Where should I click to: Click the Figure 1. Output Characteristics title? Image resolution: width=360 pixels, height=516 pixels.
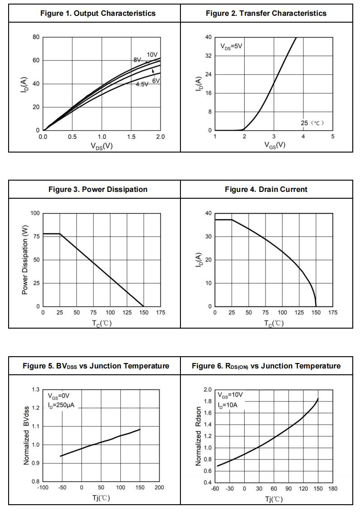click(x=98, y=13)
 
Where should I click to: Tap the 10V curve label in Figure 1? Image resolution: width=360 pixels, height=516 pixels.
click(x=152, y=55)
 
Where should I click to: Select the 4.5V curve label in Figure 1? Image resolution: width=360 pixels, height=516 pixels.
click(x=142, y=84)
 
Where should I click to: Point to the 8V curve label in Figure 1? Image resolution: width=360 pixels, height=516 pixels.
click(x=137, y=60)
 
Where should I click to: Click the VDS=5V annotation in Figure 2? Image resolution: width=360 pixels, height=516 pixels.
click(x=232, y=46)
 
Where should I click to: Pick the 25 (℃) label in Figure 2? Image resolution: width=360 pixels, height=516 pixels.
click(x=312, y=123)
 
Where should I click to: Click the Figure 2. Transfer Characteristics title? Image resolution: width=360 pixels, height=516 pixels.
click(x=266, y=13)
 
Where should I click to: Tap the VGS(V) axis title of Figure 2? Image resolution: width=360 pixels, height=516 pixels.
click(x=275, y=145)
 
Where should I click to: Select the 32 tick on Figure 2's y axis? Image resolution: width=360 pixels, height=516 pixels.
click(x=208, y=56)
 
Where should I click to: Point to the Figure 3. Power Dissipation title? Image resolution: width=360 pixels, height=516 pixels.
click(x=98, y=189)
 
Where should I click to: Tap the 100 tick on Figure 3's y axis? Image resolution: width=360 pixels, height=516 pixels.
click(x=35, y=213)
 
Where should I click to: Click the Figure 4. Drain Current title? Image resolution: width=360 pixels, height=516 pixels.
click(x=266, y=189)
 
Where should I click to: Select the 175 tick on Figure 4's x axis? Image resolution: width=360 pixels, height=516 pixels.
click(x=332, y=313)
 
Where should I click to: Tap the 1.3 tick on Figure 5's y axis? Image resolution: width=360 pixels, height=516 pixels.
click(x=35, y=390)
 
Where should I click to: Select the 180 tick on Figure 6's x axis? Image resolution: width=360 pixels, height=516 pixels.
click(x=332, y=489)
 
